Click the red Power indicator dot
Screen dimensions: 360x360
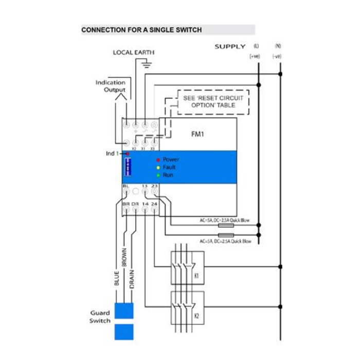(158, 160)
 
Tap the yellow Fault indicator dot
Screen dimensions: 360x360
(158, 168)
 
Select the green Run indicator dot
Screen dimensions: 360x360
(158, 175)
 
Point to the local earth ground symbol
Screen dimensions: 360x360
(146, 64)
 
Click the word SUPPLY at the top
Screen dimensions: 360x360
(230, 47)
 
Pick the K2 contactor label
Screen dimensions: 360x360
(196, 315)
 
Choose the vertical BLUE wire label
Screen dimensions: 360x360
(117, 277)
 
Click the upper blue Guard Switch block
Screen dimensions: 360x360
(123, 311)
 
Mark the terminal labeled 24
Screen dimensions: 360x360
(154, 205)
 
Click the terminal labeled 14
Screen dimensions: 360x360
(145, 205)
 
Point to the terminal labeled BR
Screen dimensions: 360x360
(126, 205)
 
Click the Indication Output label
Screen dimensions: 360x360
(110, 86)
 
